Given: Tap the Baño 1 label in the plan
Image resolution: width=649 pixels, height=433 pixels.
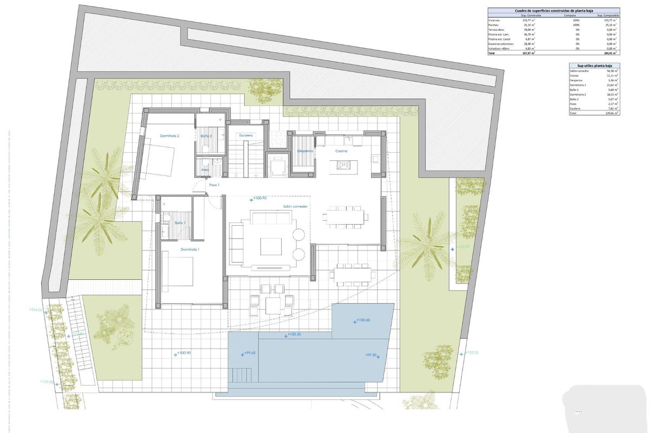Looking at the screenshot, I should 180,223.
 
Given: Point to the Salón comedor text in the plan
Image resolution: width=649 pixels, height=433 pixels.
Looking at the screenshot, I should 295,206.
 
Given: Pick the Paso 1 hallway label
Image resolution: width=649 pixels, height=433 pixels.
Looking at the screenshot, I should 214,185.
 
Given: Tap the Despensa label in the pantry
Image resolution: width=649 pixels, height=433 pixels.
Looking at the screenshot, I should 305,151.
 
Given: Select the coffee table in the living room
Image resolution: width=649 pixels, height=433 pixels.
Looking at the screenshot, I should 271,246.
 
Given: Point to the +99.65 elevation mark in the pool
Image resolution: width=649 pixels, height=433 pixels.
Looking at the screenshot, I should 249,353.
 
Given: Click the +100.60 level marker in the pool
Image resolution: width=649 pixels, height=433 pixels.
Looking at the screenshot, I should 362,320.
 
